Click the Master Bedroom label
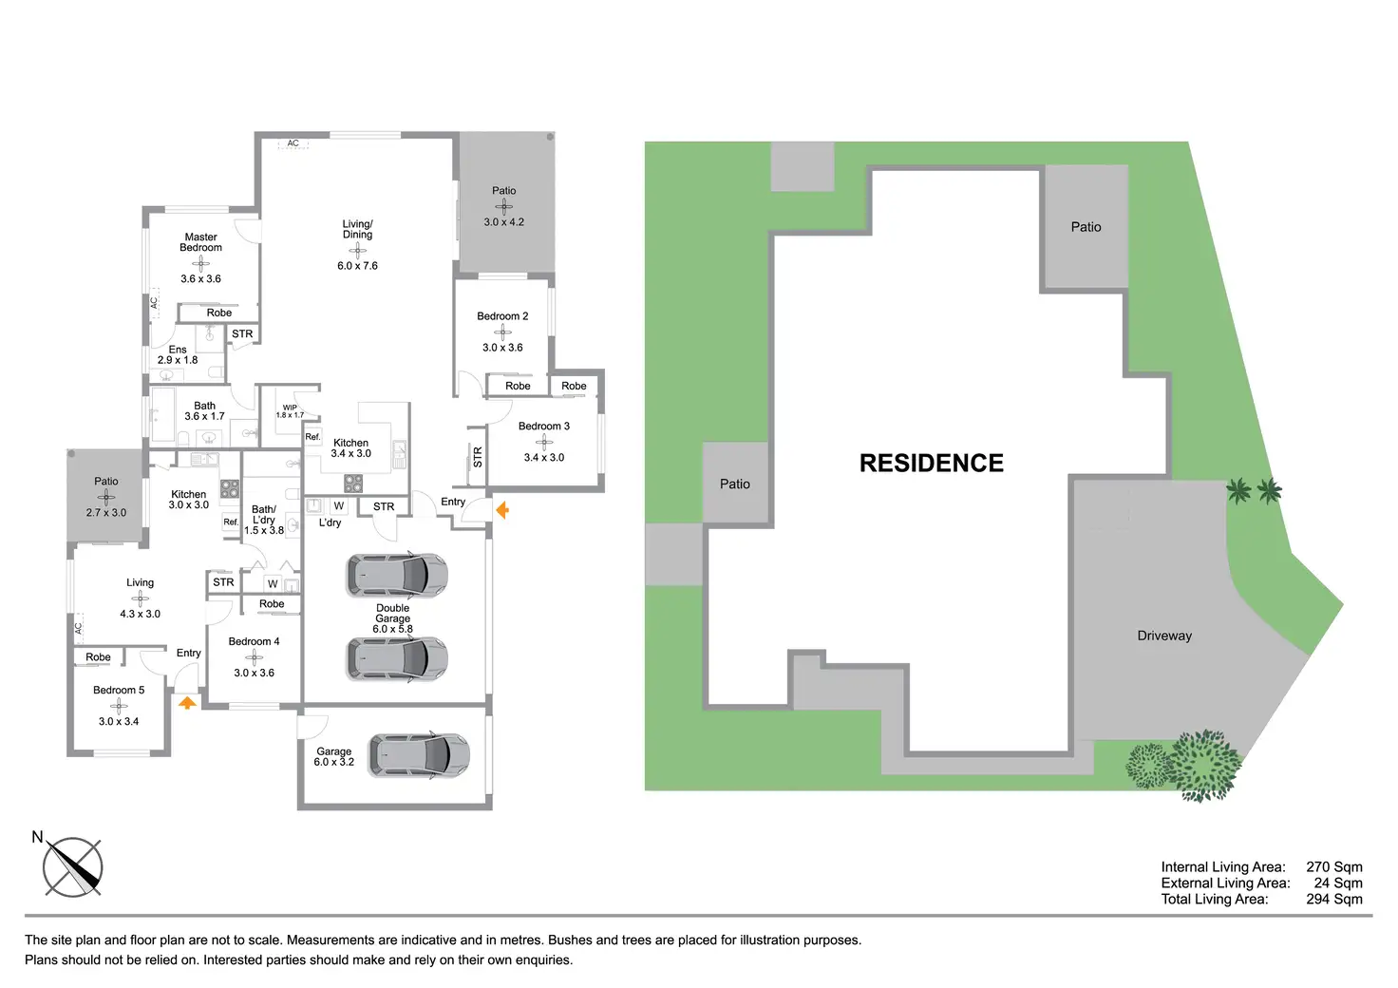coord(201,242)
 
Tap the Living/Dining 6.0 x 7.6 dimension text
coord(358,266)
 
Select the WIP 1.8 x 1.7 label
coord(290,411)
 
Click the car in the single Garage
coord(419,756)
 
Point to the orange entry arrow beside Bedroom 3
coord(502,510)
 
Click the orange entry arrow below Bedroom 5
coord(187,703)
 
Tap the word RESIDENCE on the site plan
coord(931,463)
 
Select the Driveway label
coord(1164,636)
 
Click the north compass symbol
coord(72,867)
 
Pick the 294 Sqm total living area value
coord(1334,899)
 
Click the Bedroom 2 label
coord(502,316)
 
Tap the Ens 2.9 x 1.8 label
coord(178,354)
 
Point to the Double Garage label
coord(392,613)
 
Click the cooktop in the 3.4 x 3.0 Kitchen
coord(353,484)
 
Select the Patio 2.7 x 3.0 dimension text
coord(106,513)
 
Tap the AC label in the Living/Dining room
coord(293,142)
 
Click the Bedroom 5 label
coord(119,691)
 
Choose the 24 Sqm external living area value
coord(1338,883)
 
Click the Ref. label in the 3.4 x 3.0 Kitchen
coord(312,437)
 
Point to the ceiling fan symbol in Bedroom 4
coord(254,657)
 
